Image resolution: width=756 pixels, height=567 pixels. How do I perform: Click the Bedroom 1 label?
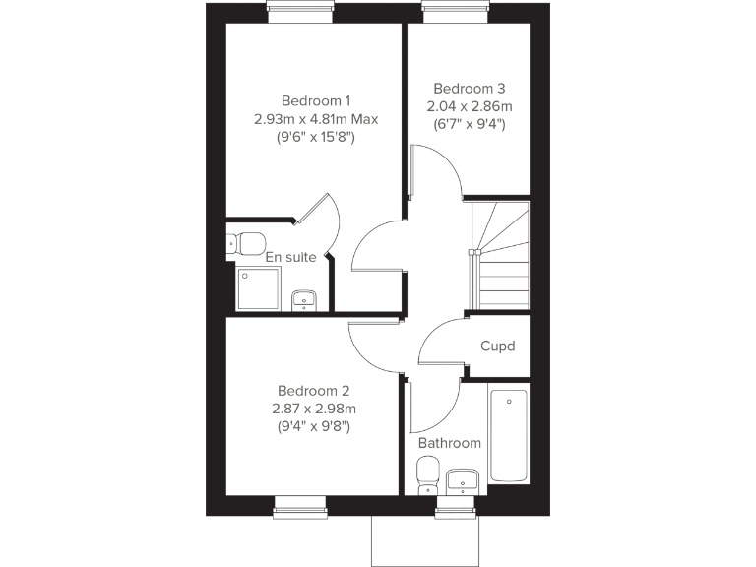[x=315, y=100]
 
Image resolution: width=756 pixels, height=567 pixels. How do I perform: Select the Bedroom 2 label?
[x=313, y=390]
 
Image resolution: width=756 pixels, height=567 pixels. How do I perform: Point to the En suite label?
[x=290, y=257]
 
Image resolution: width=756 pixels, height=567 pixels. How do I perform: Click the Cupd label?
[x=497, y=346]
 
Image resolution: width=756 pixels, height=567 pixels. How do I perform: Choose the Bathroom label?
[x=450, y=443]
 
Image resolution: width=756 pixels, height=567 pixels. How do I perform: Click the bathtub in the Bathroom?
[x=508, y=435]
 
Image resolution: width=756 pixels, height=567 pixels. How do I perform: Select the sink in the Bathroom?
[x=462, y=480]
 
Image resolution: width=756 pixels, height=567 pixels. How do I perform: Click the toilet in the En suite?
[x=246, y=242]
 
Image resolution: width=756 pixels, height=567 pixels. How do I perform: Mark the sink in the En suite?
[x=304, y=299]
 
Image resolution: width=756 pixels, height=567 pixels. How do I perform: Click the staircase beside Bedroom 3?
[x=500, y=254]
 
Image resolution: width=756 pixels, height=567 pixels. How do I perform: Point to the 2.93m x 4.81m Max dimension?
[x=315, y=119]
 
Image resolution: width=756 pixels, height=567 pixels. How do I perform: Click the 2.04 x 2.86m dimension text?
[x=469, y=106]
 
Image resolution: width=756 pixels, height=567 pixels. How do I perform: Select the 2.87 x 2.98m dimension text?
[x=313, y=409]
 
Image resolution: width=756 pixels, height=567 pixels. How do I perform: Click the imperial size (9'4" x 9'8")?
[x=313, y=426]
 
